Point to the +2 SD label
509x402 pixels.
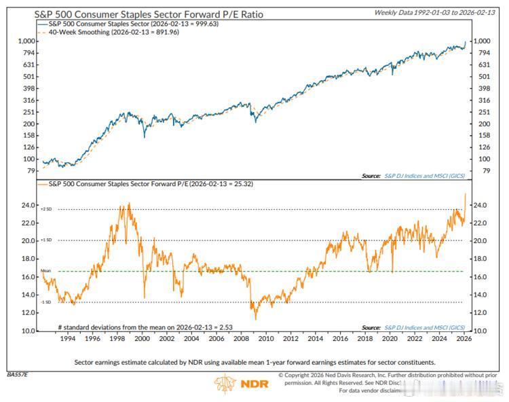(46, 209)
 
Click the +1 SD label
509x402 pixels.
(46, 240)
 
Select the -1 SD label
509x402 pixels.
(46, 302)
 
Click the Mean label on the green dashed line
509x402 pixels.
(46, 270)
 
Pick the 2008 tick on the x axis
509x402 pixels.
(240, 338)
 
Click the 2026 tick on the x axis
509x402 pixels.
(464, 338)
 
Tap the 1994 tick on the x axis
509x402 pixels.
(67, 338)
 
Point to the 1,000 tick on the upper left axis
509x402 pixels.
(26, 41)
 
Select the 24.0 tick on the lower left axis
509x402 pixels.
(27, 205)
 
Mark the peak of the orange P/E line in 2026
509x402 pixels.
(465, 194)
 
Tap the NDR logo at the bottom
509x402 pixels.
(242, 384)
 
